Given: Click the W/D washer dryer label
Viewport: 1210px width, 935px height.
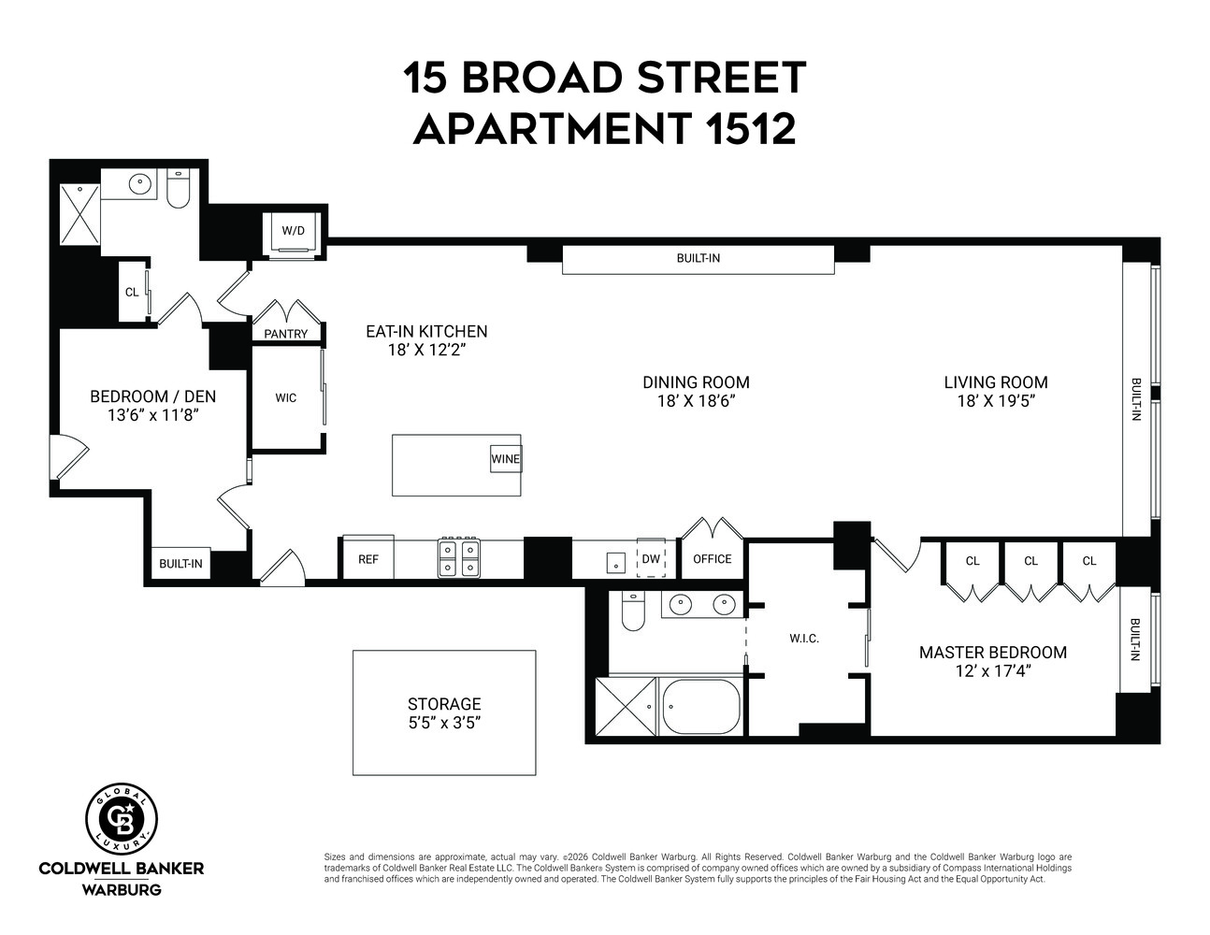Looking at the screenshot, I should (293, 230).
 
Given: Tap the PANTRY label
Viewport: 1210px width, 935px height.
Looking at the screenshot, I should (285, 334).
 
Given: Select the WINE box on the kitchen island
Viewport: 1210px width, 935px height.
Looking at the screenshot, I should (506, 459).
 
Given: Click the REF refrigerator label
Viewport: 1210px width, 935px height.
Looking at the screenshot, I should (368, 559).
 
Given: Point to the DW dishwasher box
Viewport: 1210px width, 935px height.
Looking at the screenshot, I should (650, 559).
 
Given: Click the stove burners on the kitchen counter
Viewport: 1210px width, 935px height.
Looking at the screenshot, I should (458, 558).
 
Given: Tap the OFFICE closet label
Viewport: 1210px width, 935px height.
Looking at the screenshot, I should (712, 559).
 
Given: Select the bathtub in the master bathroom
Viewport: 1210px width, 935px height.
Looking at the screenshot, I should (701, 708).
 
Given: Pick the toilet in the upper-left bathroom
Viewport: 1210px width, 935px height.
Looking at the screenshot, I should (178, 188).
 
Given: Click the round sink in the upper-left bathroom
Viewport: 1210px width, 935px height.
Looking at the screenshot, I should (141, 183).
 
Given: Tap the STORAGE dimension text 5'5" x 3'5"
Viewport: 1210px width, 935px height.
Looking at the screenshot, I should (444, 723).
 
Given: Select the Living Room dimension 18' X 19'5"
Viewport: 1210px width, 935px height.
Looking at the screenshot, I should (995, 401).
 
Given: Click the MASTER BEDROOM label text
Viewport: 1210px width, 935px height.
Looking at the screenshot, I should (992, 653).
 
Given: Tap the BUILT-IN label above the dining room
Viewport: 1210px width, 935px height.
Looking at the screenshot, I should (698, 258).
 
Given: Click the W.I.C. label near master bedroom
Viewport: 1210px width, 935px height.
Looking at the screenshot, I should (803, 639).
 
